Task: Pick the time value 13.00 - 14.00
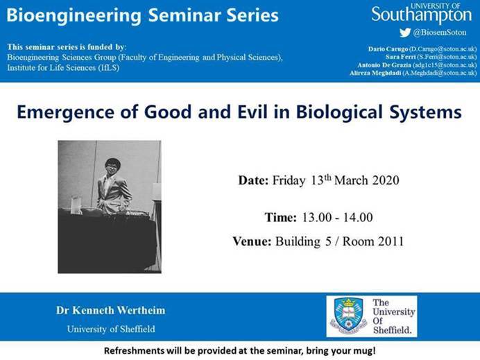tap(336, 217)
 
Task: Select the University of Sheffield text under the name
tap(111, 329)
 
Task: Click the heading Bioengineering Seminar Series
tap(143, 15)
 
